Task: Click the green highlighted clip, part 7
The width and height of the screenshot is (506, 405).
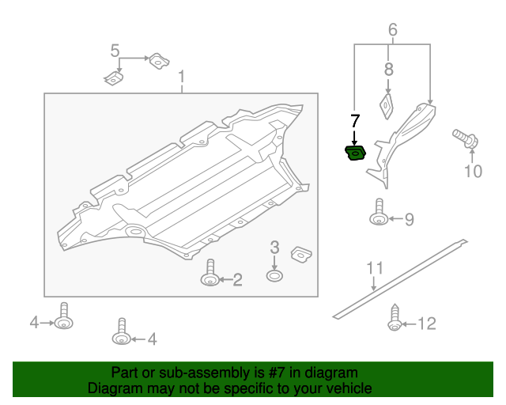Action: tap(356, 152)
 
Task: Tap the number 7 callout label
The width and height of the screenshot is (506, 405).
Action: tap(355, 121)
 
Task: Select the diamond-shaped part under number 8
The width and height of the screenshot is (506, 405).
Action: tap(387, 105)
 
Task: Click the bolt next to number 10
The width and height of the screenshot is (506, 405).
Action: tap(465, 138)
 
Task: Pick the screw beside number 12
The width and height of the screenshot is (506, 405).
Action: tap(394, 320)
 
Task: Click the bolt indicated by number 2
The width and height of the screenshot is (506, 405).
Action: tap(210, 274)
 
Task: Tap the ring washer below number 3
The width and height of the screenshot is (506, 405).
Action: tap(274, 276)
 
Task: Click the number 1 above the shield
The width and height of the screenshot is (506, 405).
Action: tap(182, 78)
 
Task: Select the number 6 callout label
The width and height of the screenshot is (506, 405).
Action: tap(393, 31)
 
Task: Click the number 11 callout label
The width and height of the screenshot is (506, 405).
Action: tap(374, 267)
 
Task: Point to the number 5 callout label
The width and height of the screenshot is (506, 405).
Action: tap(115, 52)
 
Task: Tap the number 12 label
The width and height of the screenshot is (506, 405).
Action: tap(427, 323)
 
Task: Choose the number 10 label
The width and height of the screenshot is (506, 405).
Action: tap(473, 171)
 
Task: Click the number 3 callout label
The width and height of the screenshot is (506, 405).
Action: tap(274, 248)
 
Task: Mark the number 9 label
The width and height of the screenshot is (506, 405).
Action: tap(410, 220)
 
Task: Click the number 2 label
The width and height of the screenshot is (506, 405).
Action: tap(237, 278)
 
